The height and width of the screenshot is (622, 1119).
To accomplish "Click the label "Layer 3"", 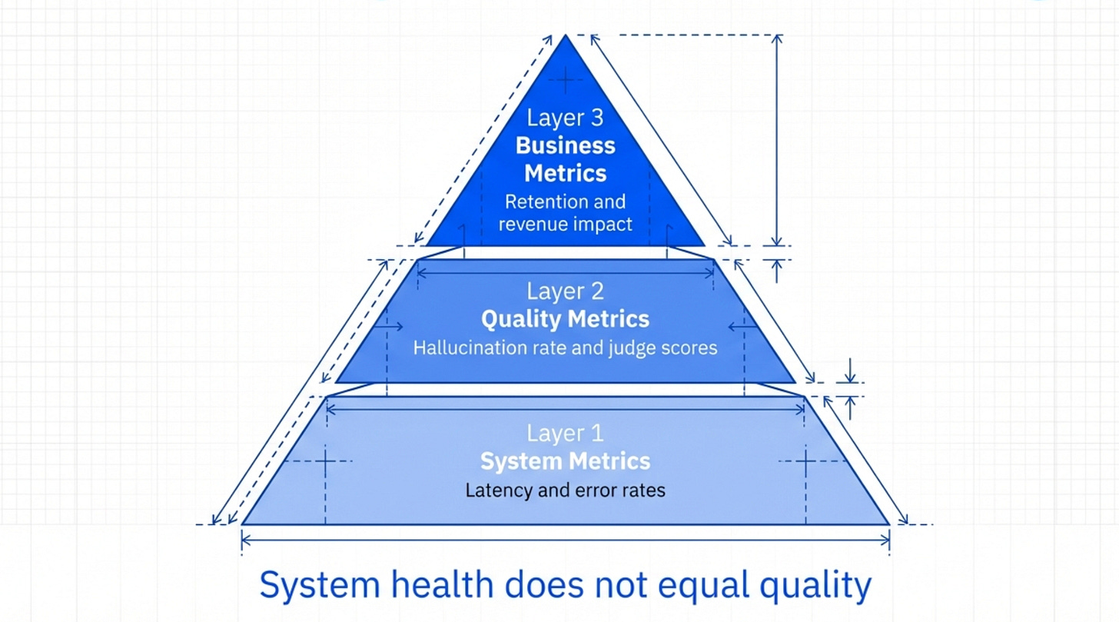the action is (565, 118).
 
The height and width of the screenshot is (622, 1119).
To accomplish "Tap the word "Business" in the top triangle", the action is (565, 145).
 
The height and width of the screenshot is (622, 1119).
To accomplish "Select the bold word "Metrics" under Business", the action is (565, 173).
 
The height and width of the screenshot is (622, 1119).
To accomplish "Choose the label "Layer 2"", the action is (565, 291).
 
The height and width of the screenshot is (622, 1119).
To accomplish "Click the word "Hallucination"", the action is (460, 348).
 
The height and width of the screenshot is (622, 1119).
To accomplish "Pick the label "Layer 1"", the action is (565, 434).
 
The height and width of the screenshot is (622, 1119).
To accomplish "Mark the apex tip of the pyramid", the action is (566, 35).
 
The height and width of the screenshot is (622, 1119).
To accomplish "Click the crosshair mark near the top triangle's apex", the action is (566, 78).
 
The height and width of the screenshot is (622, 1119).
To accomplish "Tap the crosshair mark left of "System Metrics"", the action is (325, 461).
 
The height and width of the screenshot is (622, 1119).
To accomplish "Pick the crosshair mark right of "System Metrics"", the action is (805, 461).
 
